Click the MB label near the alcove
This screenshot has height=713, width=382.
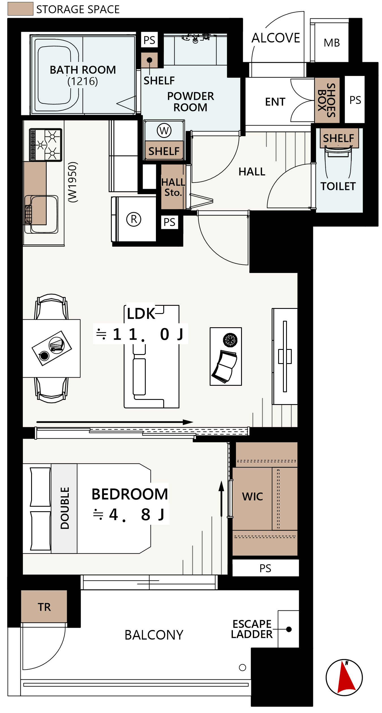[x=332, y=43]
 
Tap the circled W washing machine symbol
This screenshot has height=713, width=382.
[x=164, y=131]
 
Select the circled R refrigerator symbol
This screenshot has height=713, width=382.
[x=134, y=219]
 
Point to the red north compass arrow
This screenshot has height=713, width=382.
[x=346, y=676]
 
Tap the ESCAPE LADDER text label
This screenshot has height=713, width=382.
[x=252, y=629]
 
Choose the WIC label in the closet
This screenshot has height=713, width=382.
[x=252, y=497]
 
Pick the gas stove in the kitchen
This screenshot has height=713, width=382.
[x=46, y=145]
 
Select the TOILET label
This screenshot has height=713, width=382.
[x=338, y=186]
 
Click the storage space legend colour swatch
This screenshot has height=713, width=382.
[x=20, y=9]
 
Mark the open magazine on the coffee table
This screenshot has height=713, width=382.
[x=225, y=367]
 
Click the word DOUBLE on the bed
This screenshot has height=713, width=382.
[x=65, y=508]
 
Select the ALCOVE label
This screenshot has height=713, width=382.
[x=276, y=38]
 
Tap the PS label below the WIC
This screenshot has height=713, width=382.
[x=265, y=568]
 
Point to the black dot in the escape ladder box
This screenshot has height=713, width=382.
[x=289, y=629]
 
